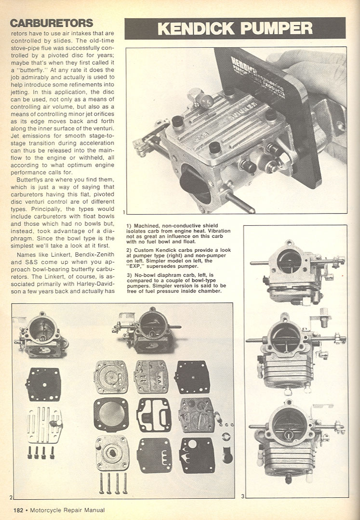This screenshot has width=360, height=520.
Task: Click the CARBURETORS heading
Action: [x=52, y=23]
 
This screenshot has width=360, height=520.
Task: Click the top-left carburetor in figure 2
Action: [x=42, y=335]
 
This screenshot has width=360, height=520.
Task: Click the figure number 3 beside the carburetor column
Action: [x=243, y=496]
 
